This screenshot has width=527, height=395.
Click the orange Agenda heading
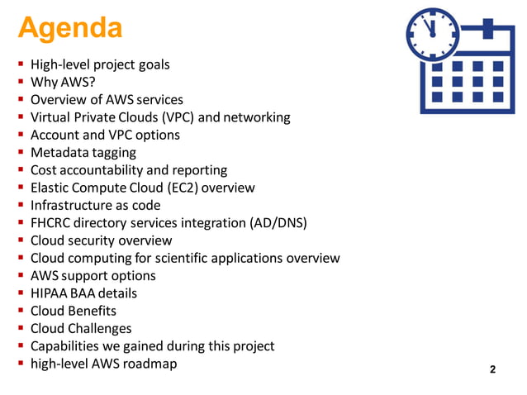pyautogui.click(x=71, y=28)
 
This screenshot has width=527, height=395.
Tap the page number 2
pyautogui.click(x=493, y=369)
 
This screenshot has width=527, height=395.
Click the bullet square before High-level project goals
pyautogui.click(x=20, y=64)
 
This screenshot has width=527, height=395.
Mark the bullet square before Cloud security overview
pyautogui.click(x=20, y=240)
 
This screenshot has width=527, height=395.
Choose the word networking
pyautogui.click(x=256, y=117)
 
